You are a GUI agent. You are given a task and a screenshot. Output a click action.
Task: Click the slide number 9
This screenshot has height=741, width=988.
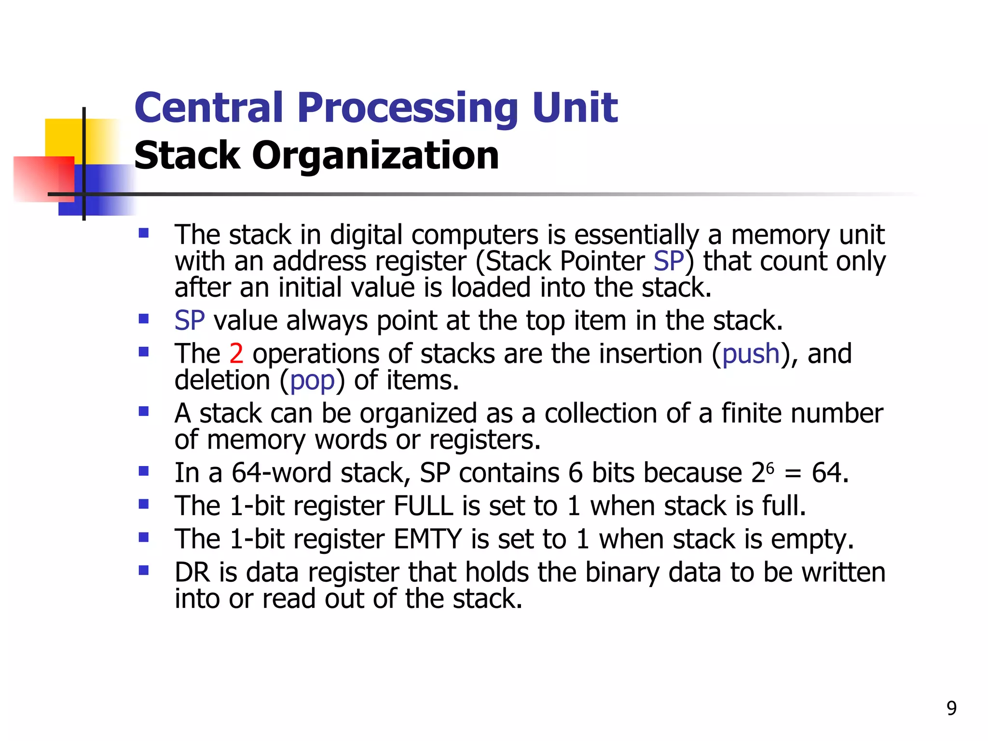[x=951, y=708]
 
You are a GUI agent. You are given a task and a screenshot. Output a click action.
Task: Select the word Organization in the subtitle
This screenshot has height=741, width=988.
[x=375, y=156]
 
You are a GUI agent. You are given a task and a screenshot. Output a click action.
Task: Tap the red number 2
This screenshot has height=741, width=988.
[x=236, y=354]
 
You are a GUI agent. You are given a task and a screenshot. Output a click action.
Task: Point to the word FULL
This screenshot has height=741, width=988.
[x=423, y=506]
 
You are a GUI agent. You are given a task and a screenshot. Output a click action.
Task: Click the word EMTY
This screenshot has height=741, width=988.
[x=427, y=539]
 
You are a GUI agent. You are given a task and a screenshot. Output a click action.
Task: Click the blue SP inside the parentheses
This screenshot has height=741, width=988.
[x=669, y=261]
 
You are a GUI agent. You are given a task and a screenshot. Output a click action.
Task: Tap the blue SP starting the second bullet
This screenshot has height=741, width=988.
[x=190, y=321]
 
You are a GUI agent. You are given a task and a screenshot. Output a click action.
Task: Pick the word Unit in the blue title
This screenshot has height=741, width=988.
[x=575, y=108]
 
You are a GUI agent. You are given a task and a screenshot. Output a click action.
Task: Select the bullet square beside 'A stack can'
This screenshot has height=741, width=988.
[x=143, y=412]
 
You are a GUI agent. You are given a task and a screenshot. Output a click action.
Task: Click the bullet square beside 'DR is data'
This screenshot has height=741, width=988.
[x=143, y=571]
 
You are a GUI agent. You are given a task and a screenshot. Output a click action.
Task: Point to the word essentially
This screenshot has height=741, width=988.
[x=636, y=235]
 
